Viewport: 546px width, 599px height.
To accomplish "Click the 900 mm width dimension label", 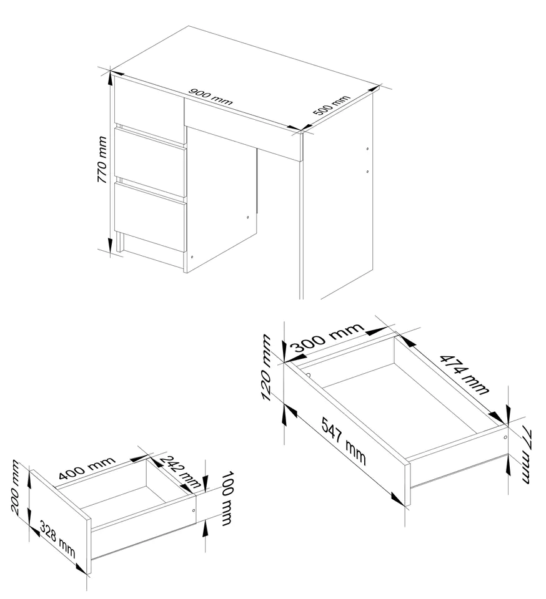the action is pyautogui.click(x=211, y=97).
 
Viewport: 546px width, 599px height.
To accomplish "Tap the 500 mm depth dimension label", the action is pyautogui.click(x=331, y=105).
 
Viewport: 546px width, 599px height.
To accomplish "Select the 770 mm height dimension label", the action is pyautogui.click(x=102, y=159).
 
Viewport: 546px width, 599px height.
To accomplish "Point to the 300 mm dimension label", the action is pyautogui.click(x=327, y=338).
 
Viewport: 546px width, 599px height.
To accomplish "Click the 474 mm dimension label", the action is pyautogui.click(x=464, y=374).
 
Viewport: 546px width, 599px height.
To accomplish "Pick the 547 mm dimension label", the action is pyautogui.click(x=344, y=441).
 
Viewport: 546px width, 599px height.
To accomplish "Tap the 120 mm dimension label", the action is pyautogui.click(x=266, y=368).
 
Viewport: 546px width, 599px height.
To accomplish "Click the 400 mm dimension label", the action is pyautogui.click(x=87, y=467).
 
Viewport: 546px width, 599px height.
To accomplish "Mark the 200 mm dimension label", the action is pyautogui.click(x=14, y=487).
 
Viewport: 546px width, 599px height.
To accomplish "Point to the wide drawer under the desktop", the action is pyautogui.click(x=243, y=127).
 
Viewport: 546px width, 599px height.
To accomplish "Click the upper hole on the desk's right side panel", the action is pyautogui.click(x=367, y=149).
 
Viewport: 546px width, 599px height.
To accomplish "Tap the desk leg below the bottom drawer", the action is pyautogui.click(x=120, y=241).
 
